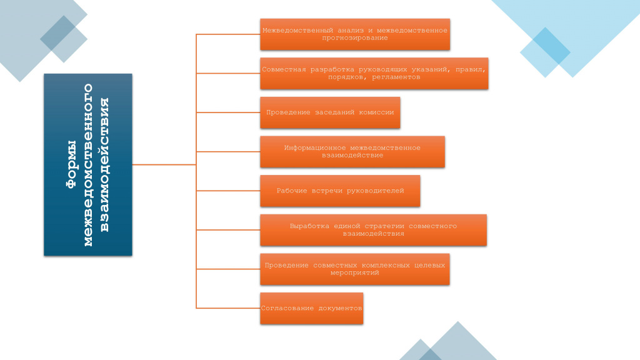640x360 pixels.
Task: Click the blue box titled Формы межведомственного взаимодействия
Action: pyautogui.click(x=87, y=164)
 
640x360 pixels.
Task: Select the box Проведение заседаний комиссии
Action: pyautogui.click(x=330, y=112)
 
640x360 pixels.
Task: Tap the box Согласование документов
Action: pyautogui.click(x=311, y=308)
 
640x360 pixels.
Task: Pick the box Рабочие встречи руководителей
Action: pyautogui.click(x=340, y=191)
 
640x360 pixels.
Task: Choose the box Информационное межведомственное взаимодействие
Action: pyautogui.click(x=352, y=151)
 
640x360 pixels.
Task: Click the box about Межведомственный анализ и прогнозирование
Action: pyautogui.click(x=355, y=34)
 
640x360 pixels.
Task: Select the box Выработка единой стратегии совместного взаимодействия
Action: pyautogui.click(x=374, y=230)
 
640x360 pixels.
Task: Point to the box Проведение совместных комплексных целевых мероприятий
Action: pyautogui.click(x=355, y=269)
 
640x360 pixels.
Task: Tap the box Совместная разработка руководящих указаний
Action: pyautogui.click(x=374, y=74)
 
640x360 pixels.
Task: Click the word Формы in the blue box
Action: pyautogui.click(x=71, y=164)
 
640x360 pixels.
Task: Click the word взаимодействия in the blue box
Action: pyautogui.click(x=104, y=164)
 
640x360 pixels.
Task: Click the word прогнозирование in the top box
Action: pyautogui.click(x=355, y=38)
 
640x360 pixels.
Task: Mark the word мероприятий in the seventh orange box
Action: pyautogui.click(x=355, y=272)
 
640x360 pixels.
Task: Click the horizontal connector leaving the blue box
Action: pyautogui.click(x=164, y=164)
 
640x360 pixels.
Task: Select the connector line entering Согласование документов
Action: pyautogui.click(x=228, y=308)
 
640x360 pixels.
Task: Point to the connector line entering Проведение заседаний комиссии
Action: pyautogui.click(x=228, y=112)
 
